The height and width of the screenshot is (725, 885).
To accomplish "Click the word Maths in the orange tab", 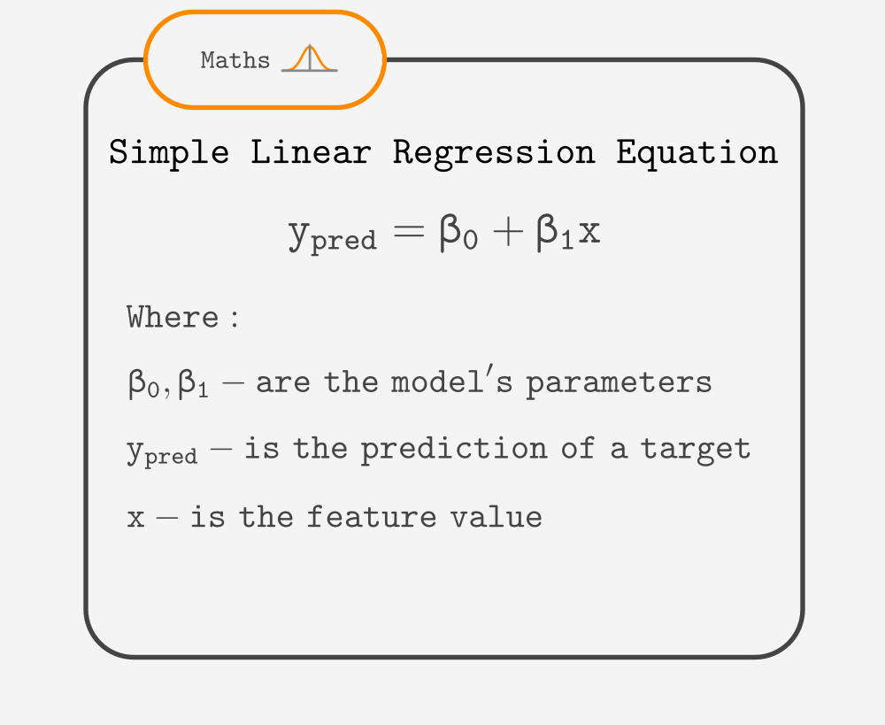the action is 235,60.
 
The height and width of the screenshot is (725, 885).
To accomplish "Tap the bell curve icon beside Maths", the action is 309,58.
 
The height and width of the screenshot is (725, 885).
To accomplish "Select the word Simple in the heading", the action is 169,153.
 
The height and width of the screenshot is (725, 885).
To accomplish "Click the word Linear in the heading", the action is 311,152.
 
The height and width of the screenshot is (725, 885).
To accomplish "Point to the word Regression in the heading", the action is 494,153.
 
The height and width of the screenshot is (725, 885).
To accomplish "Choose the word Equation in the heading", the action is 697,153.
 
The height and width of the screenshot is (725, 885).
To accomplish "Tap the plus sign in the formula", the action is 508,231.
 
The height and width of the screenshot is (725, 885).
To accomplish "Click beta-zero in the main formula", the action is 458,232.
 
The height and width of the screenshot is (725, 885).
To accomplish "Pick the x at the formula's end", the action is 589,232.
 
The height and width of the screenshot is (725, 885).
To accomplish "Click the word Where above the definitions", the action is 173,317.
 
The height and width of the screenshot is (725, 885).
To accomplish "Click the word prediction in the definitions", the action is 454,450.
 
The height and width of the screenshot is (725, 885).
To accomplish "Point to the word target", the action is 696,450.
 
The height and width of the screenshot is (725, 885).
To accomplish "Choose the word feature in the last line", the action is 372,516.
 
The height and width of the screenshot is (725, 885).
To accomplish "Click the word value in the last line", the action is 496,516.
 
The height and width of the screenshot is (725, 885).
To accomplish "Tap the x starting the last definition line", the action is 135,519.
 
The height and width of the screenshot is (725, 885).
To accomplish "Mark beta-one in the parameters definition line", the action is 193,384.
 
